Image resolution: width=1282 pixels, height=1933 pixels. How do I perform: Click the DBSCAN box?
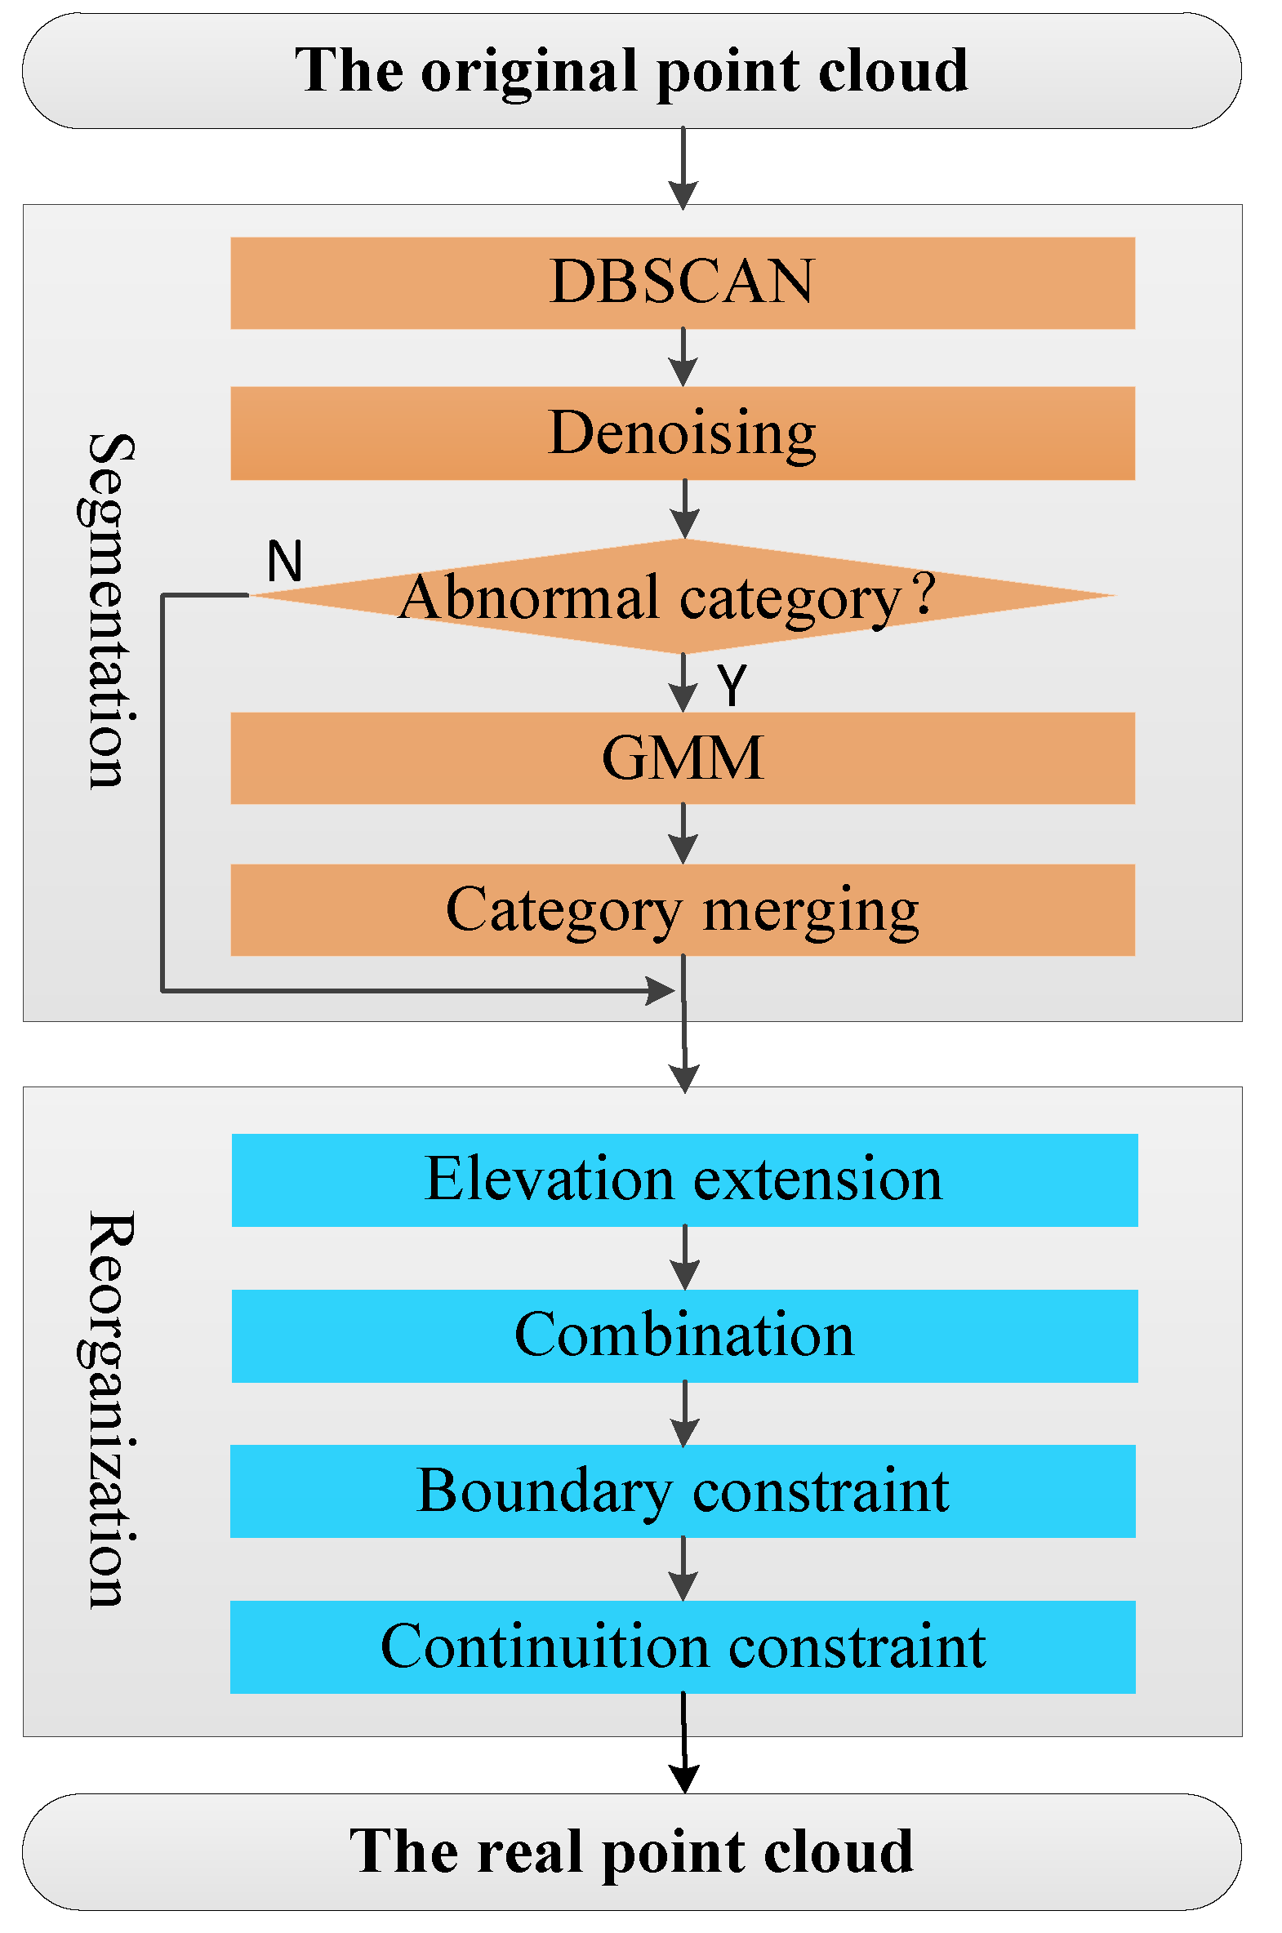click(683, 282)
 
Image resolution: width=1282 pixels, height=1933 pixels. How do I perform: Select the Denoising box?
click(683, 433)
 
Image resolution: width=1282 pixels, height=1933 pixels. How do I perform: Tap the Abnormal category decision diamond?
click(683, 597)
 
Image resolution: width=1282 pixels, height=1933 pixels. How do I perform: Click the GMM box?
click(683, 758)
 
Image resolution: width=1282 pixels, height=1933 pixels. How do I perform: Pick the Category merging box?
click(683, 909)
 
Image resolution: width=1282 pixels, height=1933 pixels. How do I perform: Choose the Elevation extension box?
click(684, 1180)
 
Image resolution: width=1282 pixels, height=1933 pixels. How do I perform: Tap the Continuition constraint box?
click(683, 1646)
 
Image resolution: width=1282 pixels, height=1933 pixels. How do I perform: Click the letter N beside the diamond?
click(284, 562)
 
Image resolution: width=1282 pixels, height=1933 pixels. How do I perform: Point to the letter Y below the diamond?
click(732, 684)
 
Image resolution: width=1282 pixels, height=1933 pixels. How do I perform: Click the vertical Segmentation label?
click(108, 611)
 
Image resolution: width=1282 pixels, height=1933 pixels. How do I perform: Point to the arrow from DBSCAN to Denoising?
click(683, 359)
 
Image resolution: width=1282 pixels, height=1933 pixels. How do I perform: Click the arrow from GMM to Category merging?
click(683, 834)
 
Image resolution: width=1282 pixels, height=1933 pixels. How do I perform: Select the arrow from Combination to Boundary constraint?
click(684, 1414)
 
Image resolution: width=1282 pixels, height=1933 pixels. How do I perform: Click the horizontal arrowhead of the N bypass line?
click(661, 991)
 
